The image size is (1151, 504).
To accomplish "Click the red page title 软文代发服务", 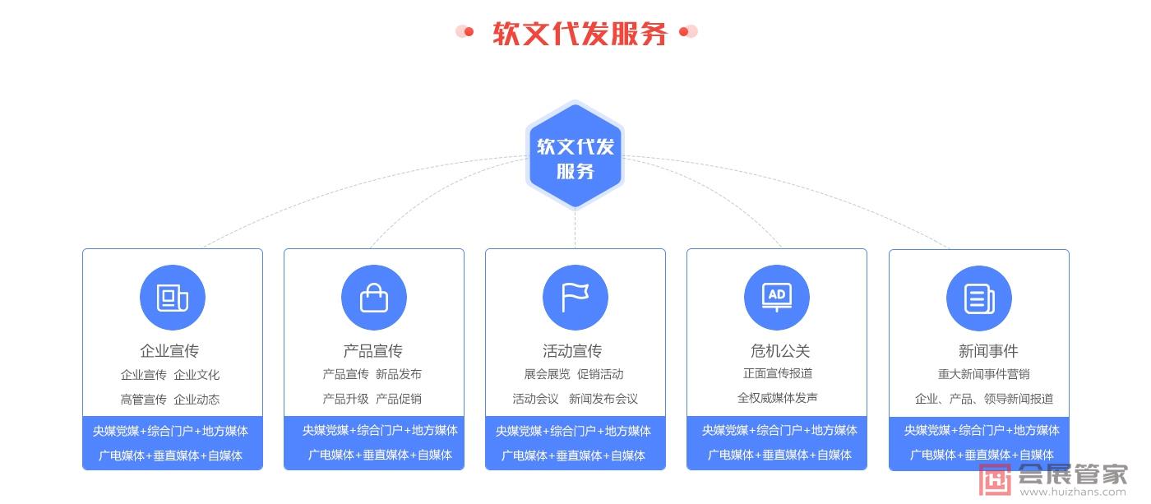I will (x=579, y=33).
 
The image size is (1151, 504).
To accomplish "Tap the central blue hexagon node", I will (x=575, y=157).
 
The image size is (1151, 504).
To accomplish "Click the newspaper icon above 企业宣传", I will (x=173, y=298).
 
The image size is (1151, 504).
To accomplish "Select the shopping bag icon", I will (x=374, y=298).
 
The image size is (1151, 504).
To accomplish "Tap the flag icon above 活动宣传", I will (x=575, y=298).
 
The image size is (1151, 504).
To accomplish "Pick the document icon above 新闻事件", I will (x=978, y=298).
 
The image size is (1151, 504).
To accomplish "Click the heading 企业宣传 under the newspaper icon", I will (x=169, y=351).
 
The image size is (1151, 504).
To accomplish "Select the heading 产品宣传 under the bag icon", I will (x=373, y=351).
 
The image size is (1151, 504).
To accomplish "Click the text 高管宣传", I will (x=144, y=400).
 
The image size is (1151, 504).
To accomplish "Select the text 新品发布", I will (x=399, y=374).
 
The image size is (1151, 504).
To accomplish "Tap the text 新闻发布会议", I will (x=603, y=399).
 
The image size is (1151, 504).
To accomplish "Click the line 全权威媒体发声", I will (x=778, y=398).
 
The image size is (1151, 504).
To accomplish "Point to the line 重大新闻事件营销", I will (x=983, y=374).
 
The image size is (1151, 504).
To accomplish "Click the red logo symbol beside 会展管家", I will (x=995, y=479).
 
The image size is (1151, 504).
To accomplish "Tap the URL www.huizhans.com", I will (x=1073, y=492).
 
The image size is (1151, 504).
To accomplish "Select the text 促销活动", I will (x=600, y=374).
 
